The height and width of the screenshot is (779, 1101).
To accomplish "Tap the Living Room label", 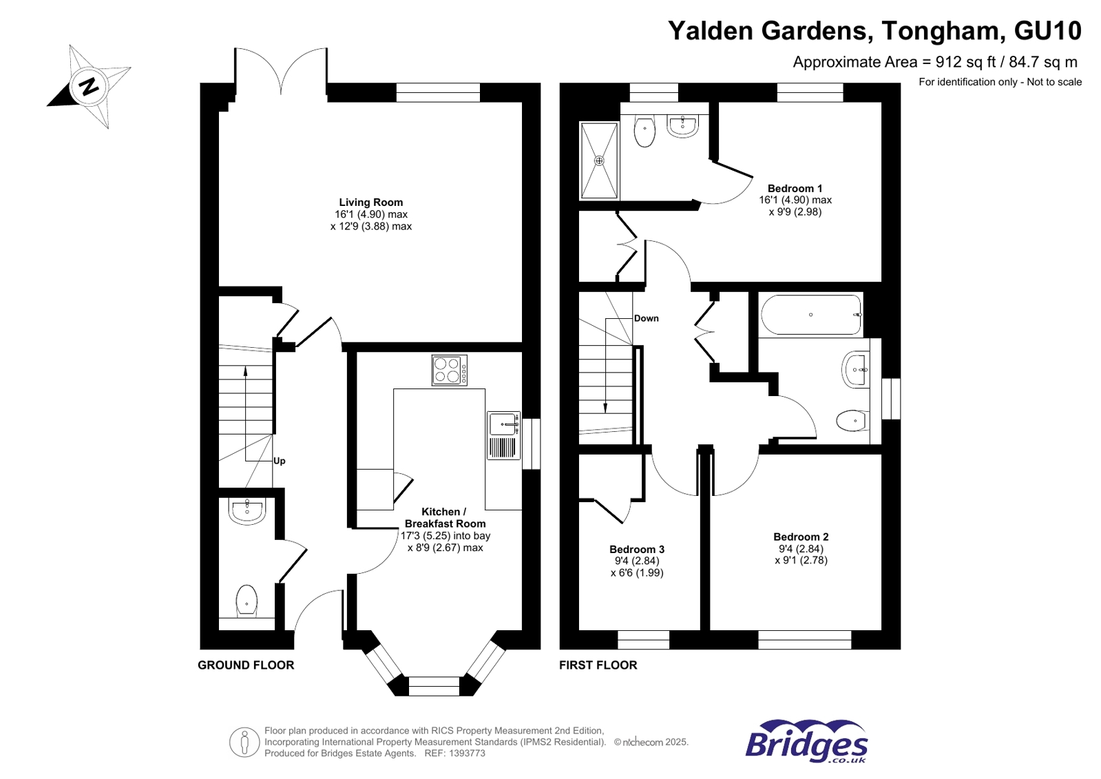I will [x=370, y=202].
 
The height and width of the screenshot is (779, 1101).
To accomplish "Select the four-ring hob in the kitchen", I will [x=449, y=370].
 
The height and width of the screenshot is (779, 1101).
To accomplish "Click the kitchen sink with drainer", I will [x=504, y=435].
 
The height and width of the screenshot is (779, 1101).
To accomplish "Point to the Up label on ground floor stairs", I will [x=279, y=461].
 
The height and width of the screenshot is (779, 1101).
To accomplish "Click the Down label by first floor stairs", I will [x=646, y=318].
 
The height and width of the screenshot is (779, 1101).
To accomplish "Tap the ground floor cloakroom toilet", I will [x=247, y=601].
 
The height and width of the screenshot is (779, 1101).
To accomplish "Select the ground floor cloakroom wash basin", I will [x=247, y=511].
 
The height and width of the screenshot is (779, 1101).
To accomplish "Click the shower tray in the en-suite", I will [x=599, y=160].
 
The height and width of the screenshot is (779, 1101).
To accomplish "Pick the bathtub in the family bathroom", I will [x=811, y=315].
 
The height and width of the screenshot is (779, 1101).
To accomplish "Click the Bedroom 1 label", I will [x=795, y=188].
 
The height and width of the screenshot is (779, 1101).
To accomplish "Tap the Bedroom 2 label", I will [x=801, y=537].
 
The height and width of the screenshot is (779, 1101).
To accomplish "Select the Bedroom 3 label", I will [x=636, y=549].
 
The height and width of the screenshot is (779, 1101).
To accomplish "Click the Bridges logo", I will [x=806, y=742].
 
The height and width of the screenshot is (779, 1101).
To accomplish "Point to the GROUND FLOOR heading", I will [x=246, y=665].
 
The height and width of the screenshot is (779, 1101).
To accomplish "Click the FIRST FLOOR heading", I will [x=598, y=665].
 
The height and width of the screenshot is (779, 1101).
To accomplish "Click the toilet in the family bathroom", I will [x=852, y=419].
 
